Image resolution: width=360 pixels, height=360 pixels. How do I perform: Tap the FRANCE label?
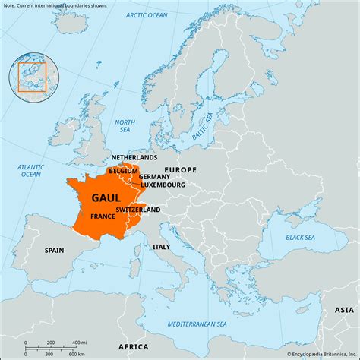point(103,216)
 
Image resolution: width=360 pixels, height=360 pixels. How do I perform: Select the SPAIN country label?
point(54,250)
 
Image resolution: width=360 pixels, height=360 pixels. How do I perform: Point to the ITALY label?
point(161,247)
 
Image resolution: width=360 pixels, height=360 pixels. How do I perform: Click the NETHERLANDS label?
point(134,157)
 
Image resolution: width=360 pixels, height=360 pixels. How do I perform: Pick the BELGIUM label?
point(123,171)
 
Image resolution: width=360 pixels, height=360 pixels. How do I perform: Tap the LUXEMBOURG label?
point(162,185)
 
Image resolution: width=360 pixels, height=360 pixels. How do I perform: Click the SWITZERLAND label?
point(138,209)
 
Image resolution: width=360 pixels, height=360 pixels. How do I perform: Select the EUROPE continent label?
point(181,170)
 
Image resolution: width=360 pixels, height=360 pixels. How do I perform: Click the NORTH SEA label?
point(124,125)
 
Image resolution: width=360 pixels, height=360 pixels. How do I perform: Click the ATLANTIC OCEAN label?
point(30,170)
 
